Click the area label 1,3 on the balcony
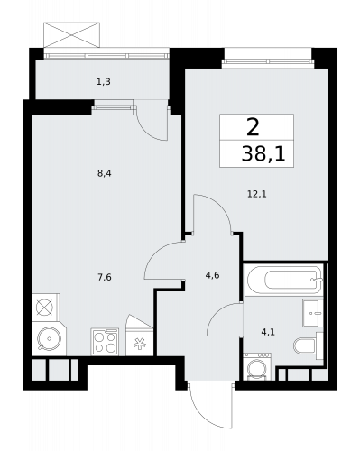(x=104, y=82)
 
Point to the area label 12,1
(x=255, y=192)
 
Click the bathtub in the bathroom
(x=282, y=281)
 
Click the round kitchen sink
(x=46, y=340)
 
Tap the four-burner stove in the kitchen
(x=105, y=342)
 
